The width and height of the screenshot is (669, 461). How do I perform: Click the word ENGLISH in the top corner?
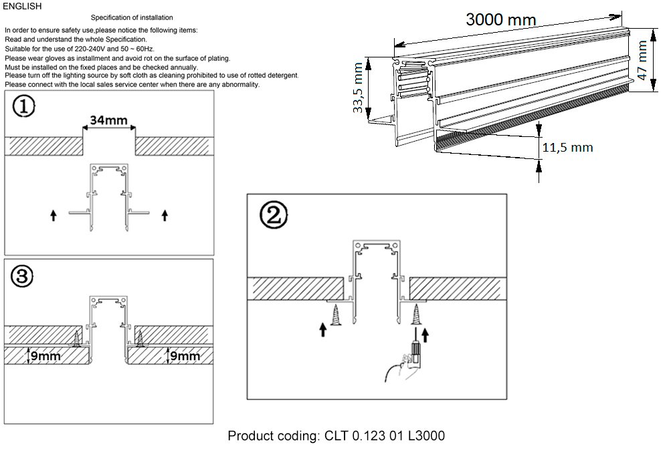23,7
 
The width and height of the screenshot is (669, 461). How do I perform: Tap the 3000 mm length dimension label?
501,20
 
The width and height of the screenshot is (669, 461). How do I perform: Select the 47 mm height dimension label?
643,59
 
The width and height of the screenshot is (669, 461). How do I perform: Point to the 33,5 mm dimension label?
359,88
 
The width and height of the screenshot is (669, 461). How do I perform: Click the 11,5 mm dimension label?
567,148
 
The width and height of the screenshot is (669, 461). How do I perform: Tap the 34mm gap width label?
109,121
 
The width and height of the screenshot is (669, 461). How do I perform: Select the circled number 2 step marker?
274,216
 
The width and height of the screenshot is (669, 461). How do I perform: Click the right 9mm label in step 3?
185,355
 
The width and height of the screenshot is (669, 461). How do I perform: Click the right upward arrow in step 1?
165,215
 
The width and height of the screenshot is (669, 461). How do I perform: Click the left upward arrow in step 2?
323,330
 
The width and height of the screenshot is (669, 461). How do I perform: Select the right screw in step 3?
140,340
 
